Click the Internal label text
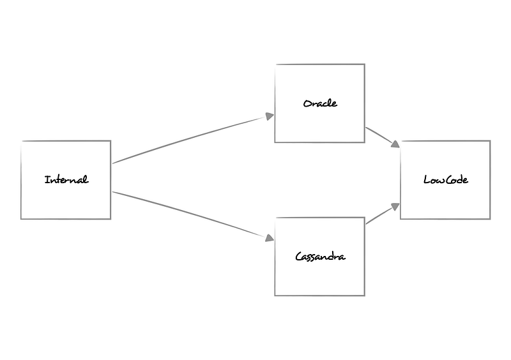pyautogui.click(x=66, y=180)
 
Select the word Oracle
pyautogui.click(x=320, y=103)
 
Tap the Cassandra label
pyautogui.click(x=320, y=257)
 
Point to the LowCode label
pyautogui.click(x=445, y=180)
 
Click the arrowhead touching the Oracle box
pyautogui.click(x=270, y=116)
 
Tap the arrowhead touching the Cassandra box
pyautogui.click(x=270, y=238)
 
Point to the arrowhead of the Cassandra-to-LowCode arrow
pyautogui.click(x=396, y=206)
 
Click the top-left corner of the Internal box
pyautogui.click(x=21, y=141)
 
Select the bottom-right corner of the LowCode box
pyautogui.click(x=490, y=219)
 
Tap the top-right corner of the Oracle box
pyautogui.click(x=364, y=64)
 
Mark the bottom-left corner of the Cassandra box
pyautogui.click(x=275, y=296)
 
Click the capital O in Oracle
pyautogui.click(x=307, y=103)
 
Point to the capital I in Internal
pyautogui.click(x=47, y=180)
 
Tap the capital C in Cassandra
pyautogui.click(x=299, y=257)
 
